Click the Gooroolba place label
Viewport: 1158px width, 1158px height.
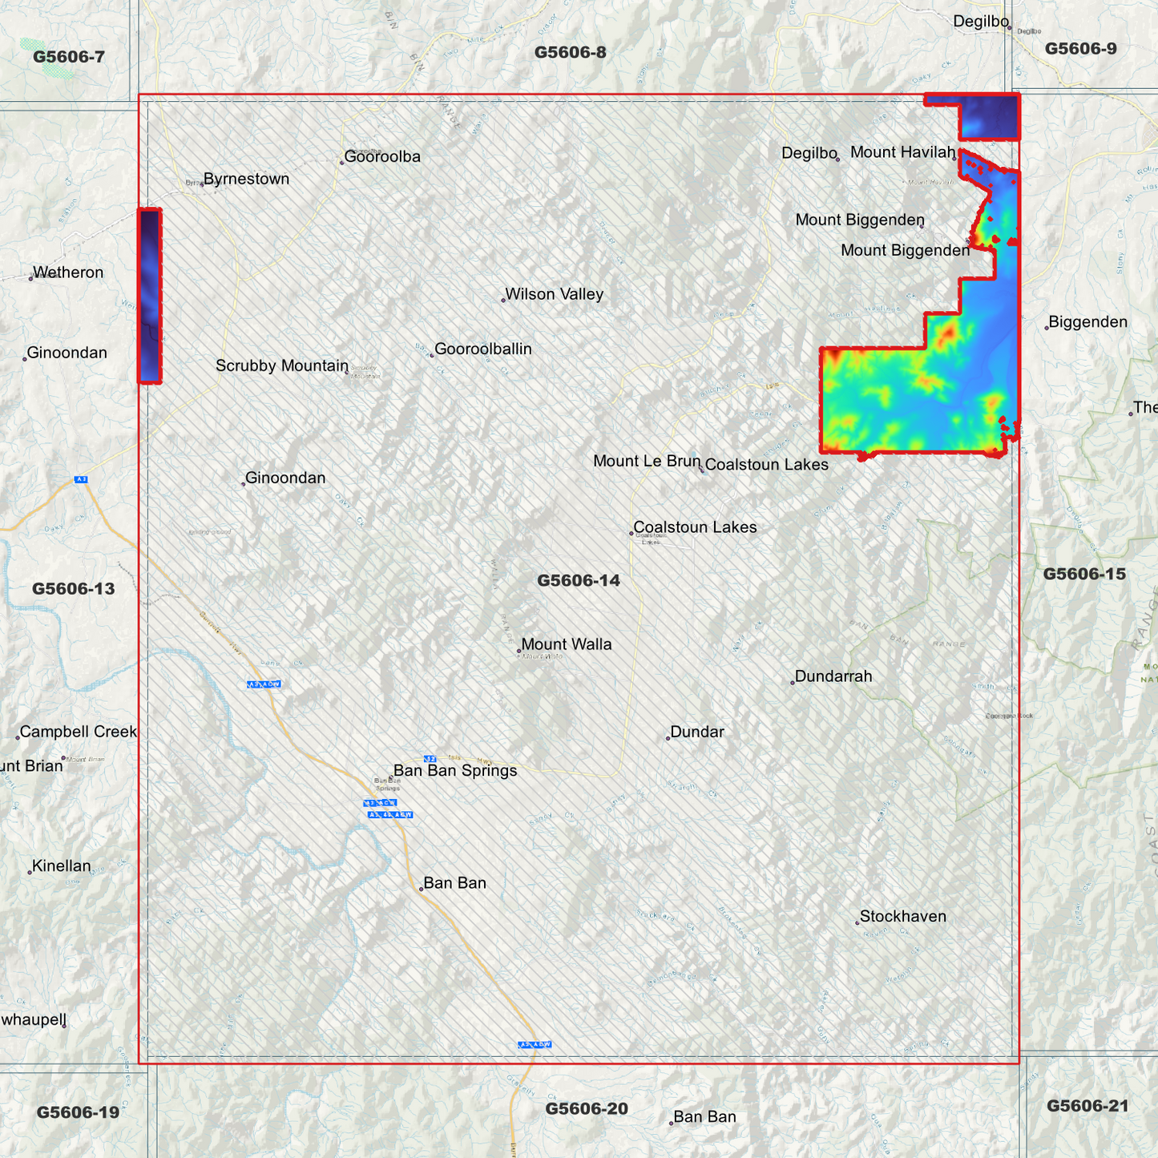coord(382,157)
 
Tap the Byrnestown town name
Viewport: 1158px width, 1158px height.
coord(246,180)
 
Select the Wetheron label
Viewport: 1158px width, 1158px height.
coord(68,273)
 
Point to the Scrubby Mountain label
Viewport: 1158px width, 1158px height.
coord(282,366)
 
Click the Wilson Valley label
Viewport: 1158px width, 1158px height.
coord(554,295)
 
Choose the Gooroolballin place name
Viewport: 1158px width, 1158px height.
coord(482,349)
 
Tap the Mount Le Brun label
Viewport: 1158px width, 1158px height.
coord(647,462)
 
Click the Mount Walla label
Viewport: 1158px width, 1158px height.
coord(566,645)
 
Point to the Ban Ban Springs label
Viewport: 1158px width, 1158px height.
coord(454,771)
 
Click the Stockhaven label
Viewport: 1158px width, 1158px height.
coord(902,917)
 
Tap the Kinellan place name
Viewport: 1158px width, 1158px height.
coord(61,866)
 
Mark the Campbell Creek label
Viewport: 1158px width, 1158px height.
coord(79,732)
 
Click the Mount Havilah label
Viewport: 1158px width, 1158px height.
coord(902,153)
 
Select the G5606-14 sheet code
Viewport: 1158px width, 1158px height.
coord(579,581)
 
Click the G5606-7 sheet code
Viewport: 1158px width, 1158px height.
coord(69,57)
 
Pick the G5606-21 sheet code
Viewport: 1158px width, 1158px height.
coord(1087,1107)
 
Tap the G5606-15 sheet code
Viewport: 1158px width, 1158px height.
coord(1083,575)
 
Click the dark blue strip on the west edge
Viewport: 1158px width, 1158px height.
coord(150,296)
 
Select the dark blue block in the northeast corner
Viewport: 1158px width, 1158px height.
coord(988,118)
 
